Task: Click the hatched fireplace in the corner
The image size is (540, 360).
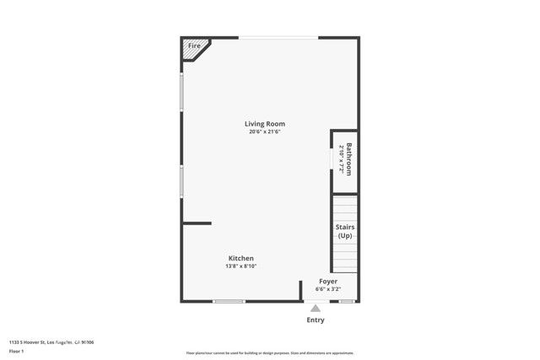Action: (x=195, y=51)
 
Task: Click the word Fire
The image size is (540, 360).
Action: (x=193, y=46)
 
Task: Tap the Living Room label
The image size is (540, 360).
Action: (x=265, y=124)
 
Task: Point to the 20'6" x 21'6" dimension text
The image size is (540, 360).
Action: (x=265, y=132)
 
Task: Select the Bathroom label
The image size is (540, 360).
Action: (x=348, y=158)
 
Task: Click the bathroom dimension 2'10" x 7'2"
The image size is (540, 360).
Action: (x=341, y=158)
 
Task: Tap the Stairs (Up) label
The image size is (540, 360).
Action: (x=345, y=231)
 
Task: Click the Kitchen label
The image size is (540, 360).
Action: (x=240, y=258)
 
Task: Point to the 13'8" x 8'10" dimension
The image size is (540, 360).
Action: (x=240, y=266)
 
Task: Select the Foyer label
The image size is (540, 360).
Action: (x=328, y=281)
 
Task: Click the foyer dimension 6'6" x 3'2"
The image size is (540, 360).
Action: (x=328, y=289)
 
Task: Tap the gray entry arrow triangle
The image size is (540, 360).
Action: (x=316, y=309)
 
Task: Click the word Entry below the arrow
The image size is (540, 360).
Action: (x=316, y=320)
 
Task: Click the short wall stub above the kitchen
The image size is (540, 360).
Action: (x=197, y=223)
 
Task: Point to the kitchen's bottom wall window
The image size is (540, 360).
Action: (x=228, y=301)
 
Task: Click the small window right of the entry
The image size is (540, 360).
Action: (x=347, y=301)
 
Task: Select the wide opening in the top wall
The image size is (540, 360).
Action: (x=278, y=37)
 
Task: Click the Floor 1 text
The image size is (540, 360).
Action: (x=17, y=349)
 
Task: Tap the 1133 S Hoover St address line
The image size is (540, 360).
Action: (x=51, y=341)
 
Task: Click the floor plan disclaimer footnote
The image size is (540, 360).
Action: (x=269, y=353)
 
